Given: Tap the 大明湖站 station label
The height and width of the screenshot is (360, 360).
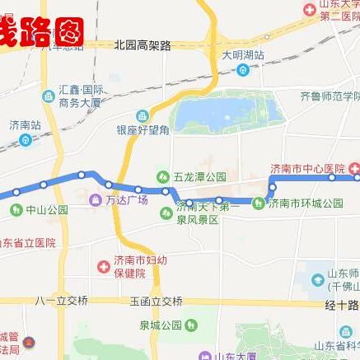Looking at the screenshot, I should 243,55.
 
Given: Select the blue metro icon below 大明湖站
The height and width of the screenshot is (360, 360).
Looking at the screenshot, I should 243,70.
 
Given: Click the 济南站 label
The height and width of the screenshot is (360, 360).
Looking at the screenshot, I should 25,125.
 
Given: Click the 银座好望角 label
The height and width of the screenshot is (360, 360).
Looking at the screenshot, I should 142,129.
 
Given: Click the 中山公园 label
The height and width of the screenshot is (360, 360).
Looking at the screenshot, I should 45,209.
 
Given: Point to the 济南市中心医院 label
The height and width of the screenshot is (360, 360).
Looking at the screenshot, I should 307,169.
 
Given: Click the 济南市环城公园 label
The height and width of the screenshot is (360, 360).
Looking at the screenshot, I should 306,203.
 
